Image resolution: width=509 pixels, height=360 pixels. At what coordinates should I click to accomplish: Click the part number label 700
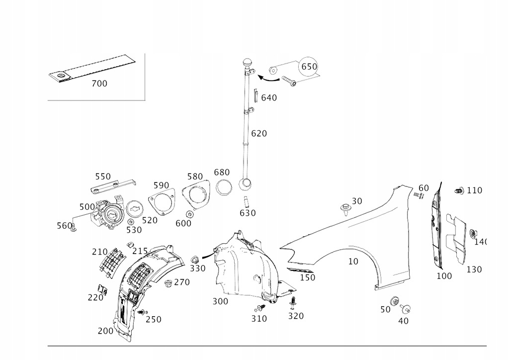[x=99, y=84]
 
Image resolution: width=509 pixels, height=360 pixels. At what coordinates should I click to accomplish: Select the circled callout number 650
[x=309, y=67]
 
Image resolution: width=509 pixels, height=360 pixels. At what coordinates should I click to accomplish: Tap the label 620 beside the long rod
[x=259, y=133]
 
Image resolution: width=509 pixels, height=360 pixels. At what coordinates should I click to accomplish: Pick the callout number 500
[x=87, y=206]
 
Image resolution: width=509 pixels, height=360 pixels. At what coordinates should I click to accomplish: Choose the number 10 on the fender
[x=353, y=262]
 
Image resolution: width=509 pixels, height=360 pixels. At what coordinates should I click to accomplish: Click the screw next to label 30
[x=344, y=207]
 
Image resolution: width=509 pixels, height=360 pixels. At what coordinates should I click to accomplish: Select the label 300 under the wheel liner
[x=220, y=301]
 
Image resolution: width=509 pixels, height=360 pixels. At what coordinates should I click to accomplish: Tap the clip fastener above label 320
[x=294, y=301]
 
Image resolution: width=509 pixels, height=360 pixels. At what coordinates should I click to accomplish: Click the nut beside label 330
[x=195, y=259]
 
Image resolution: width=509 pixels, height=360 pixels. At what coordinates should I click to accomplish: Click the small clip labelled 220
[x=102, y=288]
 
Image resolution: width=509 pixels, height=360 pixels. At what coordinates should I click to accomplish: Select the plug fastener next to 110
[x=460, y=191]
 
